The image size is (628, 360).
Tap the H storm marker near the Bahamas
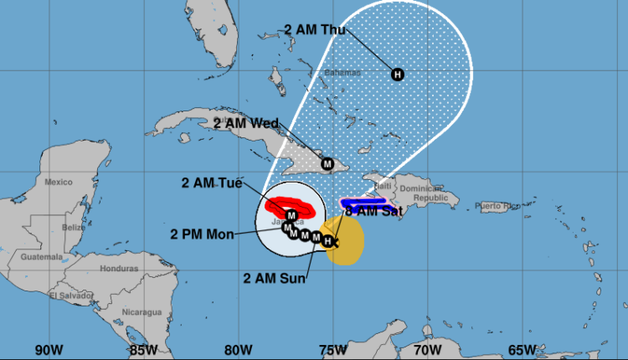click(397, 75)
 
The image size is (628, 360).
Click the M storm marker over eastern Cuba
click(327, 164)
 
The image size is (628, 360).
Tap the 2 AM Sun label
click(275, 277)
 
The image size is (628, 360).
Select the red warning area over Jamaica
click(287, 205)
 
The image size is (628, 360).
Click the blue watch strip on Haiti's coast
click(360, 202)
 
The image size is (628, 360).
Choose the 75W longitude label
click(334, 348)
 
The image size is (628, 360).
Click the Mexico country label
click(59, 182)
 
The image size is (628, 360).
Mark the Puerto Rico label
click(498, 205)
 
